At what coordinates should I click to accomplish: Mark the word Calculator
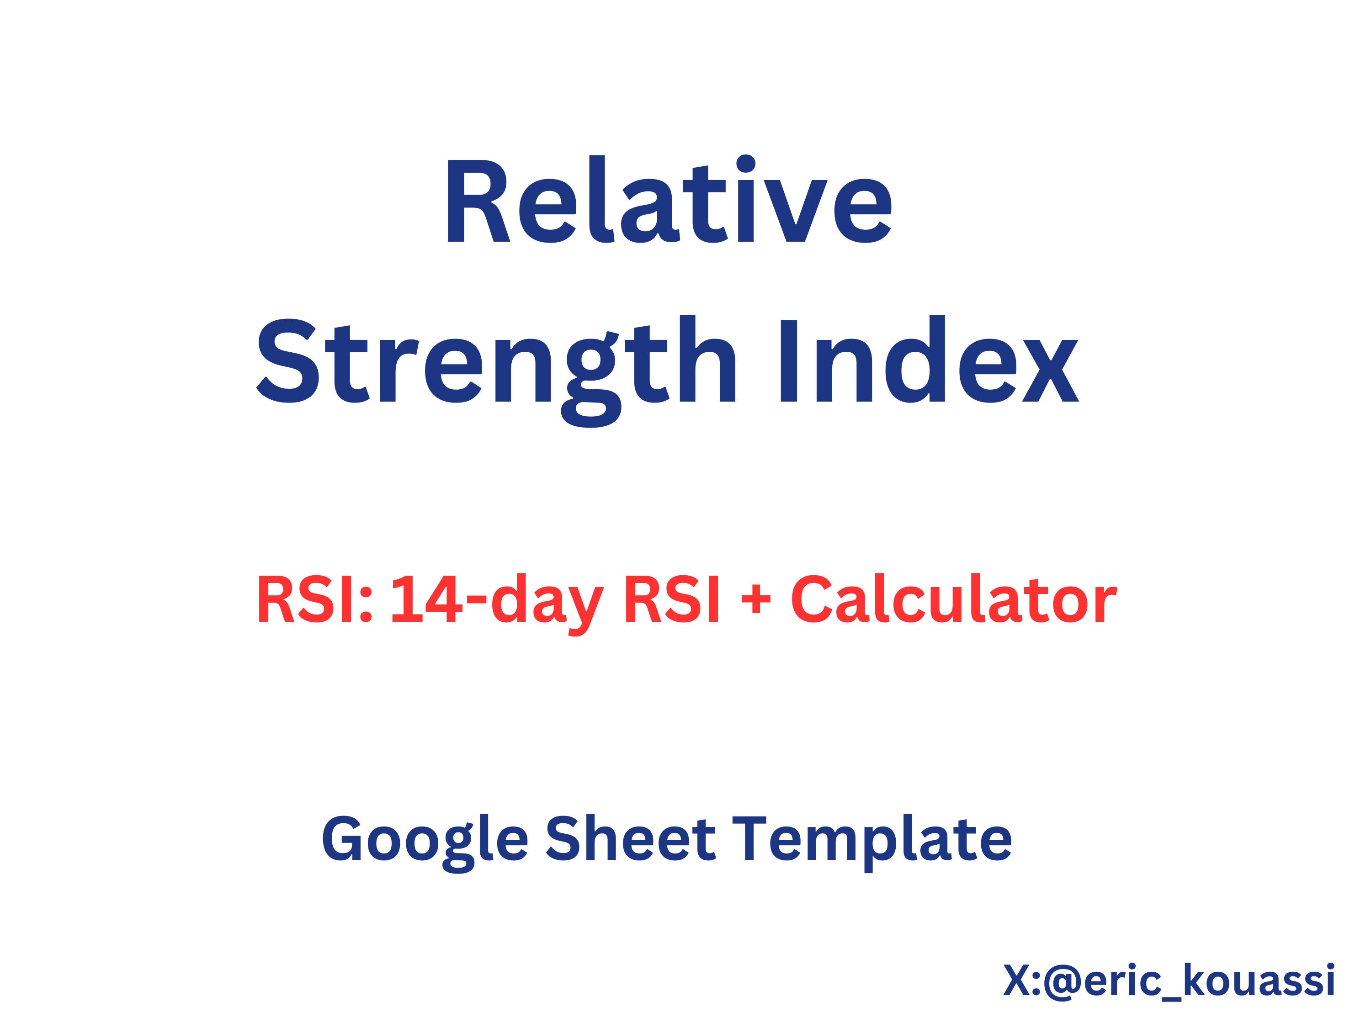(953, 600)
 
